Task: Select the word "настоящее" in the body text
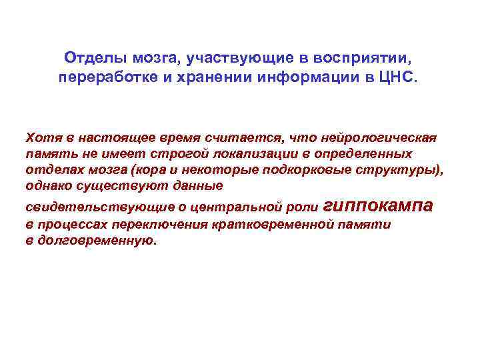[x=108, y=137]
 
